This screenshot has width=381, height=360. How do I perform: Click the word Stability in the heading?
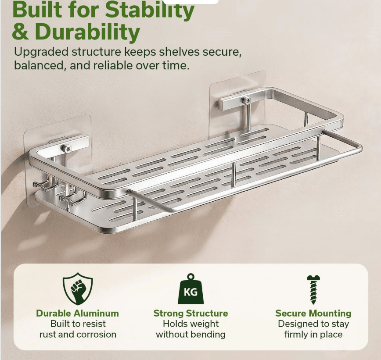tap(150, 10)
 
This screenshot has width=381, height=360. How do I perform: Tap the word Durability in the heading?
tap(87, 32)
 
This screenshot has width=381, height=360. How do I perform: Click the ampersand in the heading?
tap(20, 32)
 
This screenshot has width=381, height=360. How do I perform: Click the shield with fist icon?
tap(78, 289)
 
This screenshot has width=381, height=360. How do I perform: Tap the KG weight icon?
tap(191, 289)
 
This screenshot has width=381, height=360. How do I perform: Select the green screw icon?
tap(313, 289)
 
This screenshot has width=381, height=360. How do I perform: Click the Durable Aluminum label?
tap(78, 313)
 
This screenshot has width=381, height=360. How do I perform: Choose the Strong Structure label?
tap(191, 313)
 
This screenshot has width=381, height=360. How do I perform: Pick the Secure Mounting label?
tap(313, 313)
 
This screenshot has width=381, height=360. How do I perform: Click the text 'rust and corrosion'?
tap(78, 335)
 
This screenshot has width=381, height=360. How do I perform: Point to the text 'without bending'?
tap(191, 335)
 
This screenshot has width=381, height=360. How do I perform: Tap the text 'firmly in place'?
tap(313, 335)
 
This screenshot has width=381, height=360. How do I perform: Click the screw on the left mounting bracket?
tap(66, 148)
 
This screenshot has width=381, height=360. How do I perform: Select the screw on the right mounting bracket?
tap(246, 100)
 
